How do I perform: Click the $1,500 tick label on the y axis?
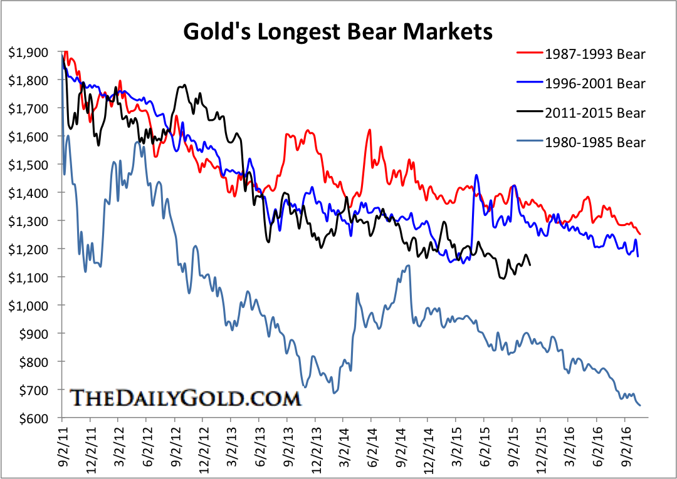pos(29,165)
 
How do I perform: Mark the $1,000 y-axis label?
pos(29,306)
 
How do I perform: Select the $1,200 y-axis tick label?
pos(29,249)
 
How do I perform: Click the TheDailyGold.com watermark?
pos(185,398)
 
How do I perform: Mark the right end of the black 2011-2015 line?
pos(530,265)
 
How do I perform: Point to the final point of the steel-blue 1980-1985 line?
pos(640,406)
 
